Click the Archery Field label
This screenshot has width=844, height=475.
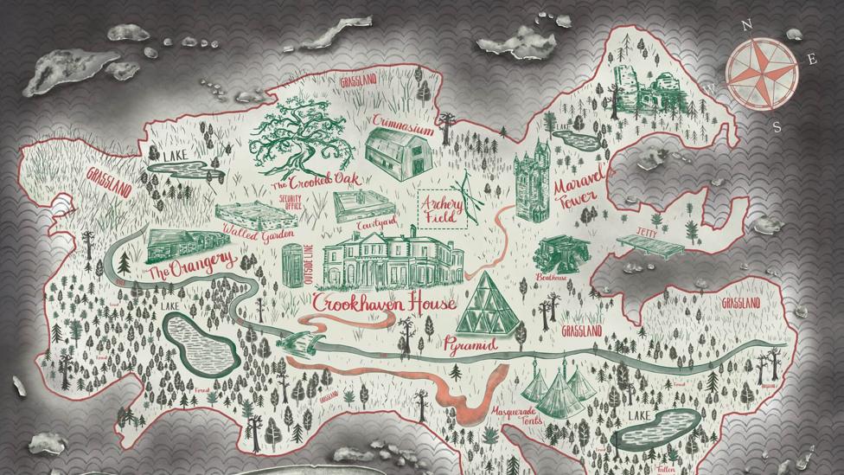point(442,207)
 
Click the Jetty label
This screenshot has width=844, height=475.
point(645,233)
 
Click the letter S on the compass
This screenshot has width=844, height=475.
point(776,127)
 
